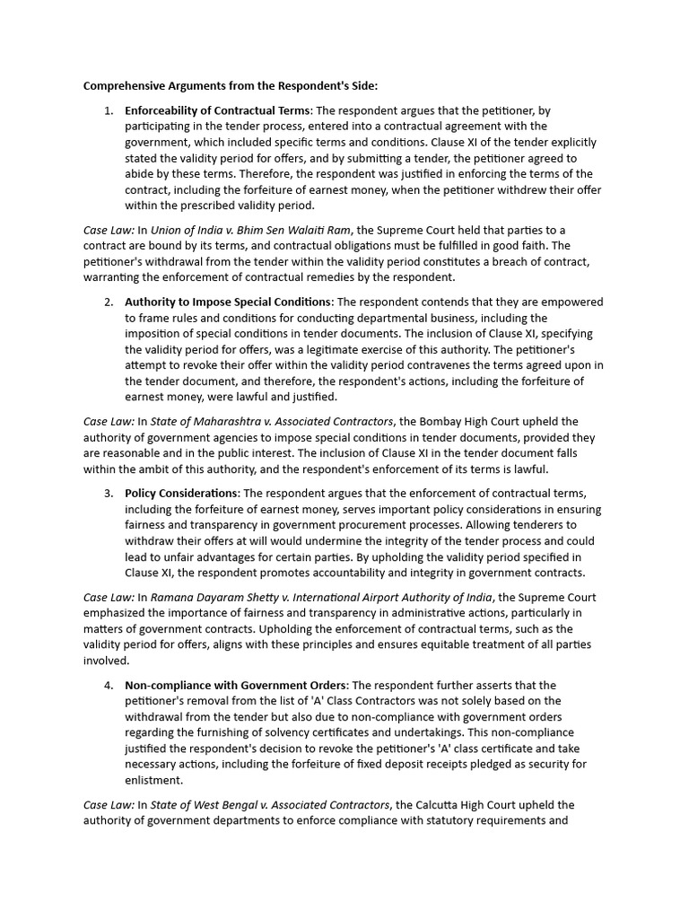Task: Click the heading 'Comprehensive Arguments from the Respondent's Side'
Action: tap(231, 86)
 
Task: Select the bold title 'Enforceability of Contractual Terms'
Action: tap(217, 110)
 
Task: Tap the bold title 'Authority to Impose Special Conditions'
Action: tap(228, 302)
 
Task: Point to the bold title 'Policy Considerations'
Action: tap(181, 493)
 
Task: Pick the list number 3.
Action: tap(108, 493)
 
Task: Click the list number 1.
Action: tap(108, 110)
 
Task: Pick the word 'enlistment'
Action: tap(153, 780)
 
